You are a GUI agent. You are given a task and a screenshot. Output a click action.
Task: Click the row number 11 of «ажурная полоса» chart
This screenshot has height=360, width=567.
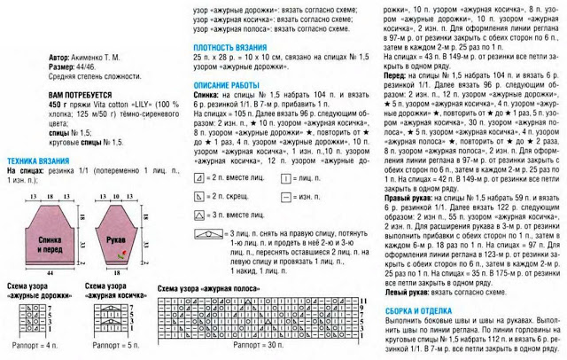(362, 301)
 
